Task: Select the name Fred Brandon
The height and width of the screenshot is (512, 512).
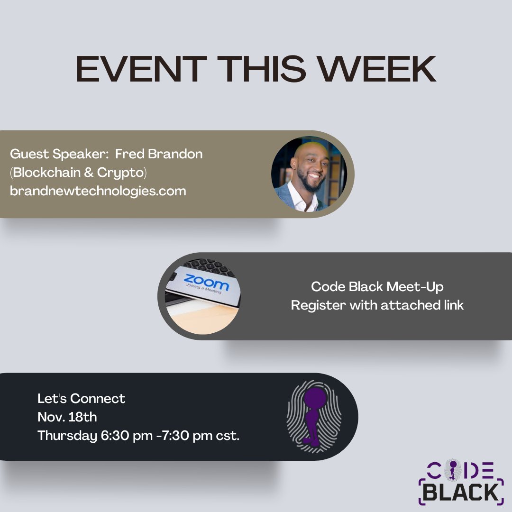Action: click(159, 155)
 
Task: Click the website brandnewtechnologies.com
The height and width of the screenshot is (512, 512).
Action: click(98, 191)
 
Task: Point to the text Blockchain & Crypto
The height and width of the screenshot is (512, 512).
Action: click(79, 173)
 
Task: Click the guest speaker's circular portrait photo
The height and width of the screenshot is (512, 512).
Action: click(309, 174)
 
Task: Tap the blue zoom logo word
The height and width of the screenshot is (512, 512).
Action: click(206, 283)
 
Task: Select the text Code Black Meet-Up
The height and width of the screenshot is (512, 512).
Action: click(377, 287)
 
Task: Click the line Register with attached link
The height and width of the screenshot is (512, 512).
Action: click(377, 305)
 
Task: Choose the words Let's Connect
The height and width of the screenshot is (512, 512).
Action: click(82, 398)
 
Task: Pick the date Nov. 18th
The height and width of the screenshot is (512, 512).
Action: click(67, 417)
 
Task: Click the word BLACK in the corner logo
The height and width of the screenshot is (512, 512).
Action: click(461, 492)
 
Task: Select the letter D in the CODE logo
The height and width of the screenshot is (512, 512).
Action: click(471, 469)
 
